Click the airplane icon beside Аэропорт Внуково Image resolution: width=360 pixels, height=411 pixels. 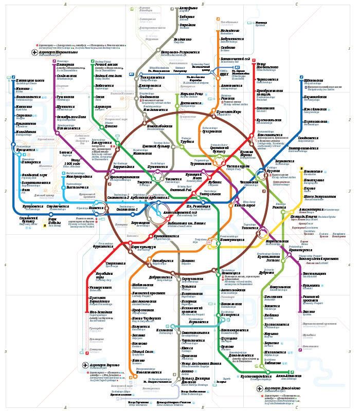(86, 365)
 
